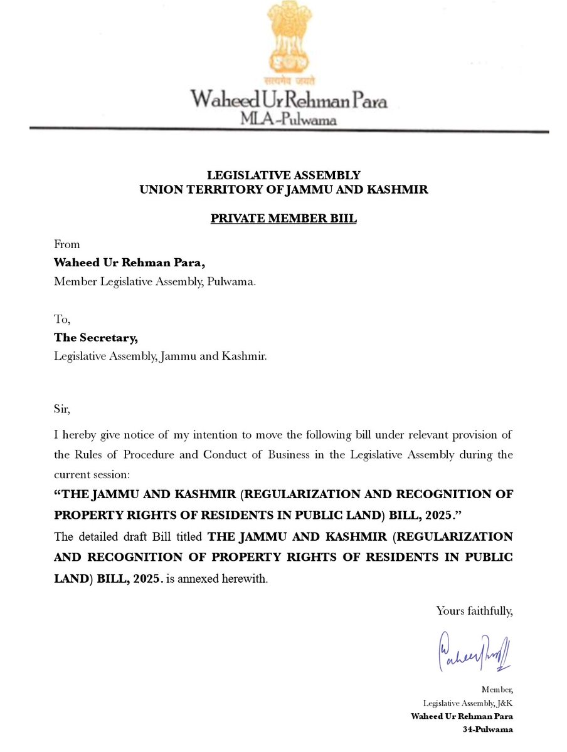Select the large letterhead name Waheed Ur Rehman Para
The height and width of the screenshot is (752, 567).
coord(289,100)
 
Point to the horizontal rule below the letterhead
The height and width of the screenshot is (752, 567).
coord(289,130)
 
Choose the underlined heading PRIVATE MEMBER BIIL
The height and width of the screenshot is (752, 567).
coord(283,220)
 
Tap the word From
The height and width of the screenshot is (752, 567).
coord(67,244)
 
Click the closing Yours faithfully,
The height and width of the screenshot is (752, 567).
coord(474,610)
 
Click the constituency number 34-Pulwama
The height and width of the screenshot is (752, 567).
coord(488,729)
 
